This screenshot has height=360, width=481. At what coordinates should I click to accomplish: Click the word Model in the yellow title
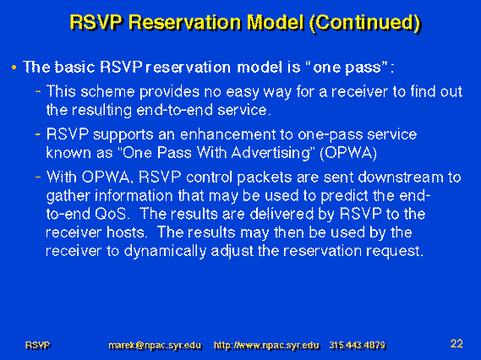pyautogui.click(x=276, y=22)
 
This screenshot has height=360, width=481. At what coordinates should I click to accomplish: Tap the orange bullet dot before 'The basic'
pyautogui.click(x=14, y=67)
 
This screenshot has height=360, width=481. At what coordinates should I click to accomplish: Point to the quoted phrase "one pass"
pyautogui.click(x=347, y=67)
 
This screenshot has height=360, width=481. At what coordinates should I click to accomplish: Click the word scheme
pyautogui.click(x=107, y=91)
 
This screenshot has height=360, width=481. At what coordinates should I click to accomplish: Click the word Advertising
pyautogui.click(x=271, y=153)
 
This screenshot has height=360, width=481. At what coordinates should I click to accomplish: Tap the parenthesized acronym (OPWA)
pyautogui.click(x=348, y=153)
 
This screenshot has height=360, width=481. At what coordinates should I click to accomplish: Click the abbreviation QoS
pyautogui.click(x=111, y=214)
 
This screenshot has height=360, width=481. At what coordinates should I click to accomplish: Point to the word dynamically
pyautogui.click(x=165, y=252)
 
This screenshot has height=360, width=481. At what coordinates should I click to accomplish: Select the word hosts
pyautogui.click(x=126, y=232)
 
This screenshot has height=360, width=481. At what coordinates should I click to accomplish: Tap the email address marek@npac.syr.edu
pyautogui.click(x=156, y=346)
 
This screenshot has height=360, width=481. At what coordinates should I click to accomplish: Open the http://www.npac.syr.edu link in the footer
pyautogui.click(x=266, y=346)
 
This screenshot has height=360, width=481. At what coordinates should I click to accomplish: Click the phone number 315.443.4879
pyautogui.click(x=358, y=346)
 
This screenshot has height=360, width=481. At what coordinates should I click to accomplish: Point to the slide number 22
pyautogui.click(x=456, y=343)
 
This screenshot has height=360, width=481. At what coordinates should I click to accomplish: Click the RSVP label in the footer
pyautogui.click(x=38, y=346)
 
